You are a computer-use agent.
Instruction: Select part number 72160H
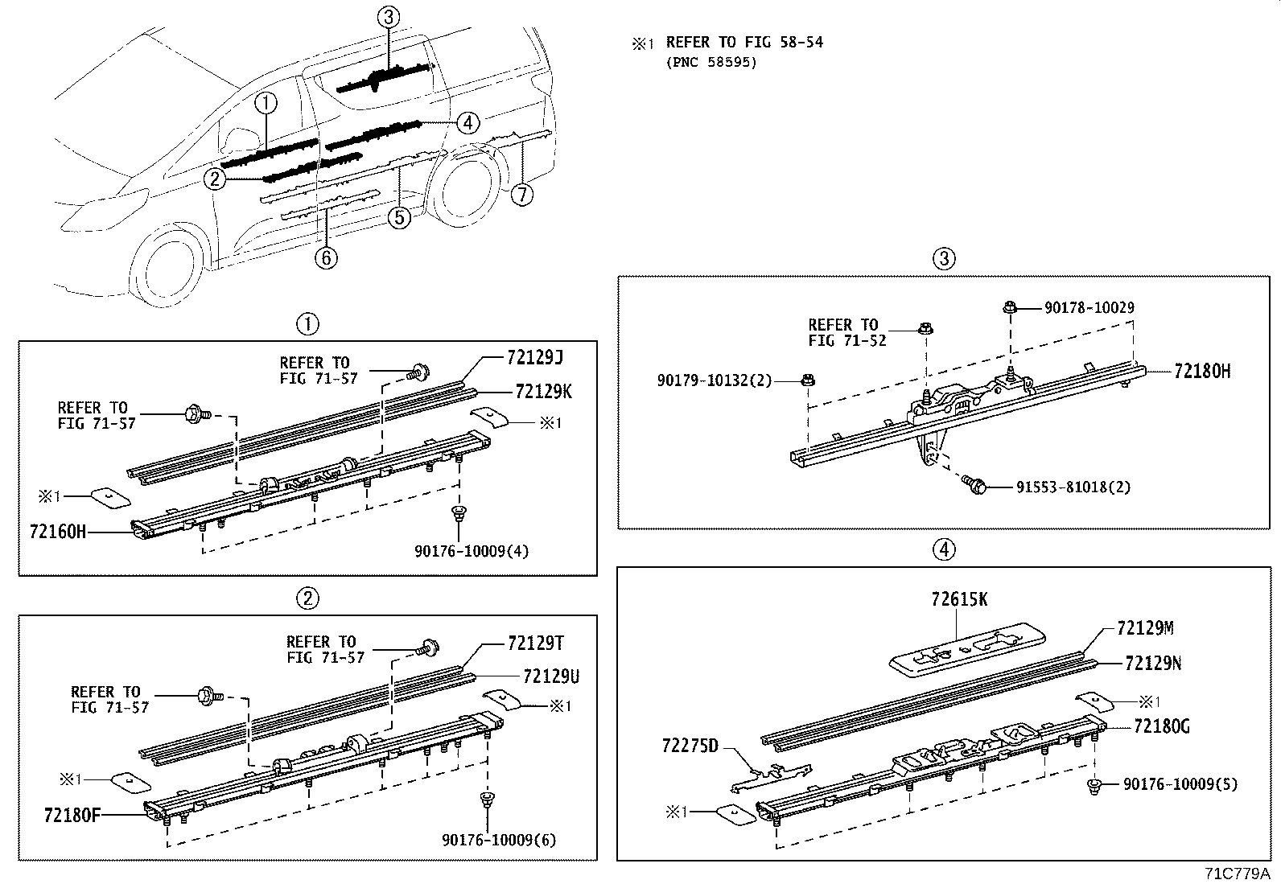57,531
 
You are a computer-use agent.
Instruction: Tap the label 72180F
72,813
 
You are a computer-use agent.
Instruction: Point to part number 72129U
550,677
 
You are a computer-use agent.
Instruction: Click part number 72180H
1202,371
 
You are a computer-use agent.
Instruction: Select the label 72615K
959,599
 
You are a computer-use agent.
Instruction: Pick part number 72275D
690,746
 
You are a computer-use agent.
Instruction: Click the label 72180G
1161,726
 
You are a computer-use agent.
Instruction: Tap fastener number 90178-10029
1089,307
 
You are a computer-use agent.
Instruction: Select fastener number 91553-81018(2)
1073,487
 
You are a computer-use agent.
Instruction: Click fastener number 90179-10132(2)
715,379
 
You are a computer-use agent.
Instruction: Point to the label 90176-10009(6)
499,840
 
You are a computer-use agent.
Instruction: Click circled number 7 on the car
522,194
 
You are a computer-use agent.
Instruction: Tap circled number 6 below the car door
326,257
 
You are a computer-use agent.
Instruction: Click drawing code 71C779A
1238,873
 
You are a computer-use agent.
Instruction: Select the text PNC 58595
711,61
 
